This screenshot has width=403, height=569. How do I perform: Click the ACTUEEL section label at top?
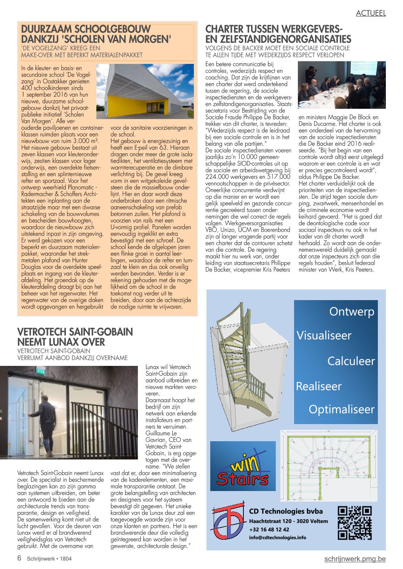pyautogui.click(x=371, y=13)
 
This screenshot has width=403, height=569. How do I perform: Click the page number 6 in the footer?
pyautogui.click(x=19, y=558)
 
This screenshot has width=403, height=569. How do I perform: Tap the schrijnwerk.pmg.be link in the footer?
pyautogui.click(x=355, y=559)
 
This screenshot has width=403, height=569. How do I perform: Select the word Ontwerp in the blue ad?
pyautogui.click(x=352, y=312)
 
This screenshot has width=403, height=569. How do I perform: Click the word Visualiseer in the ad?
pyautogui.click(x=324, y=335)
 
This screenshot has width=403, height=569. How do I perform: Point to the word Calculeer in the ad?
pyautogui.click(x=351, y=361)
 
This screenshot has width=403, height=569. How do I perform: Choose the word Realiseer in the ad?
pyautogui.click(x=319, y=386)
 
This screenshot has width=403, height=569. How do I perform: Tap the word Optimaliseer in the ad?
pyautogui.click(x=341, y=409)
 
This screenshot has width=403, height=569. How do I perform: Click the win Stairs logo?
pyautogui.click(x=243, y=466)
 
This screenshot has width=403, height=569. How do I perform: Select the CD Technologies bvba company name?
pyautogui.click(x=286, y=511)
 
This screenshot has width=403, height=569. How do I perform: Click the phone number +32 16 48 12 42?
pyautogui.click(x=269, y=529)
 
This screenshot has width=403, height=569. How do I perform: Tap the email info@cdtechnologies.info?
pyautogui.click(x=277, y=537)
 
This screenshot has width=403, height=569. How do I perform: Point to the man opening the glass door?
pyautogui.click(x=45, y=418)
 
